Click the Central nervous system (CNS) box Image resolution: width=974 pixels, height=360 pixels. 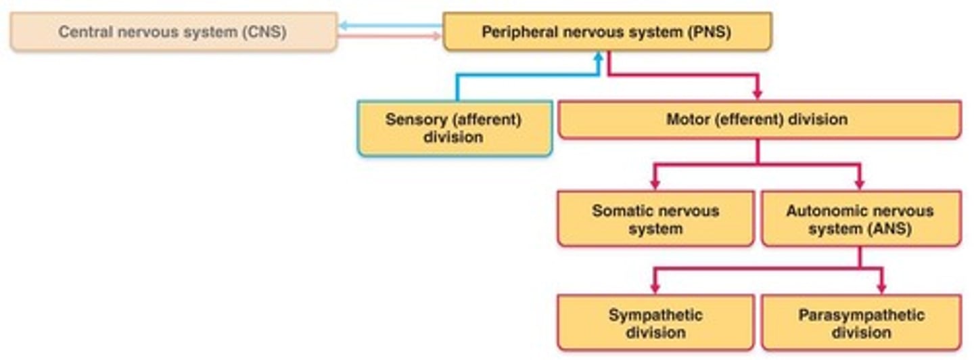173,32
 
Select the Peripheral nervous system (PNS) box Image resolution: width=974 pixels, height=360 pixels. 607,32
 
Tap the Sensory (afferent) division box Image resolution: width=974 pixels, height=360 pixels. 454,128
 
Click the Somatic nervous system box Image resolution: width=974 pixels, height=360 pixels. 655,219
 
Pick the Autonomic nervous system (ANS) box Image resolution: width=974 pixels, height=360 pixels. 860,219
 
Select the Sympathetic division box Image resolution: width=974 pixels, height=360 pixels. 655,323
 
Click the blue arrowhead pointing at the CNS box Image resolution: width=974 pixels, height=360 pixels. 343,26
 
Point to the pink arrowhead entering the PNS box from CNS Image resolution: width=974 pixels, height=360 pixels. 438,37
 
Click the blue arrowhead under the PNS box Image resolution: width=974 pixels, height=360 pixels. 597,58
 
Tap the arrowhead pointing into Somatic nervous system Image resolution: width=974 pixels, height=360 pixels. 654,183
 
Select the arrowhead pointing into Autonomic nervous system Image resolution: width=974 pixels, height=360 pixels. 860,183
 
